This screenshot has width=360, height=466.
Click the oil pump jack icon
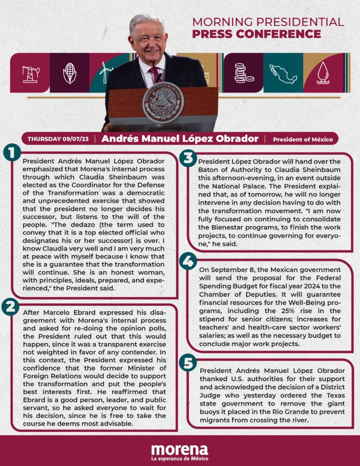coord(31,73)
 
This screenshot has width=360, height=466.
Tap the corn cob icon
coord(69,73)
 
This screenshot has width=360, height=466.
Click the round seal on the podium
coord(162,102)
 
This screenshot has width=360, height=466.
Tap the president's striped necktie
coord(155,75)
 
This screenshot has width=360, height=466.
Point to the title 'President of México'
coord(303,139)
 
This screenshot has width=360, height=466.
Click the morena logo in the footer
coord(179,449)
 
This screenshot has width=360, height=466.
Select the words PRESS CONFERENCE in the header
coord(256,34)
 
